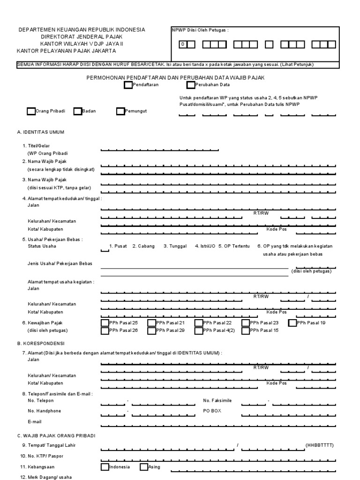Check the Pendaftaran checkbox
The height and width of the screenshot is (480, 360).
(128, 85)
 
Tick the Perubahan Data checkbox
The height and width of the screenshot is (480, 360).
(190, 85)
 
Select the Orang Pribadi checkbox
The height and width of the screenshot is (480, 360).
(31, 111)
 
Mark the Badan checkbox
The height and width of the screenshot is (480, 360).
(77, 111)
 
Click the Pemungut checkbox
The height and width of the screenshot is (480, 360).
(120, 111)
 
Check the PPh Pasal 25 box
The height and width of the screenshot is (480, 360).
(105, 322)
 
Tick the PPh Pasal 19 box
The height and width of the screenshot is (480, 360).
(292, 322)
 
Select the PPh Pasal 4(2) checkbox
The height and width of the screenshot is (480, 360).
(199, 330)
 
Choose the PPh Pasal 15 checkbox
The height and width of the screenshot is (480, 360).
(246, 330)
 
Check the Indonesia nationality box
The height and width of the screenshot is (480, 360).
(105, 467)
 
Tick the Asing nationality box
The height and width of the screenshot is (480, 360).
(144, 467)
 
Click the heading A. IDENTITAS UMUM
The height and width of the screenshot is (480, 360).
(40, 132)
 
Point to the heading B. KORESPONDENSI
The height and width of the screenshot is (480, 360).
(40, 344)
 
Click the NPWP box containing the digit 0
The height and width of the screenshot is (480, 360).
(184, 45)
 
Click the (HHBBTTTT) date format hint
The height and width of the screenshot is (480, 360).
(320, 445)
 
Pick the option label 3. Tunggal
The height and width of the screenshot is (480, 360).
(175, 246)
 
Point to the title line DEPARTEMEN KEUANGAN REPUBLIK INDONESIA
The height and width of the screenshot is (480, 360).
(82, 30)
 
